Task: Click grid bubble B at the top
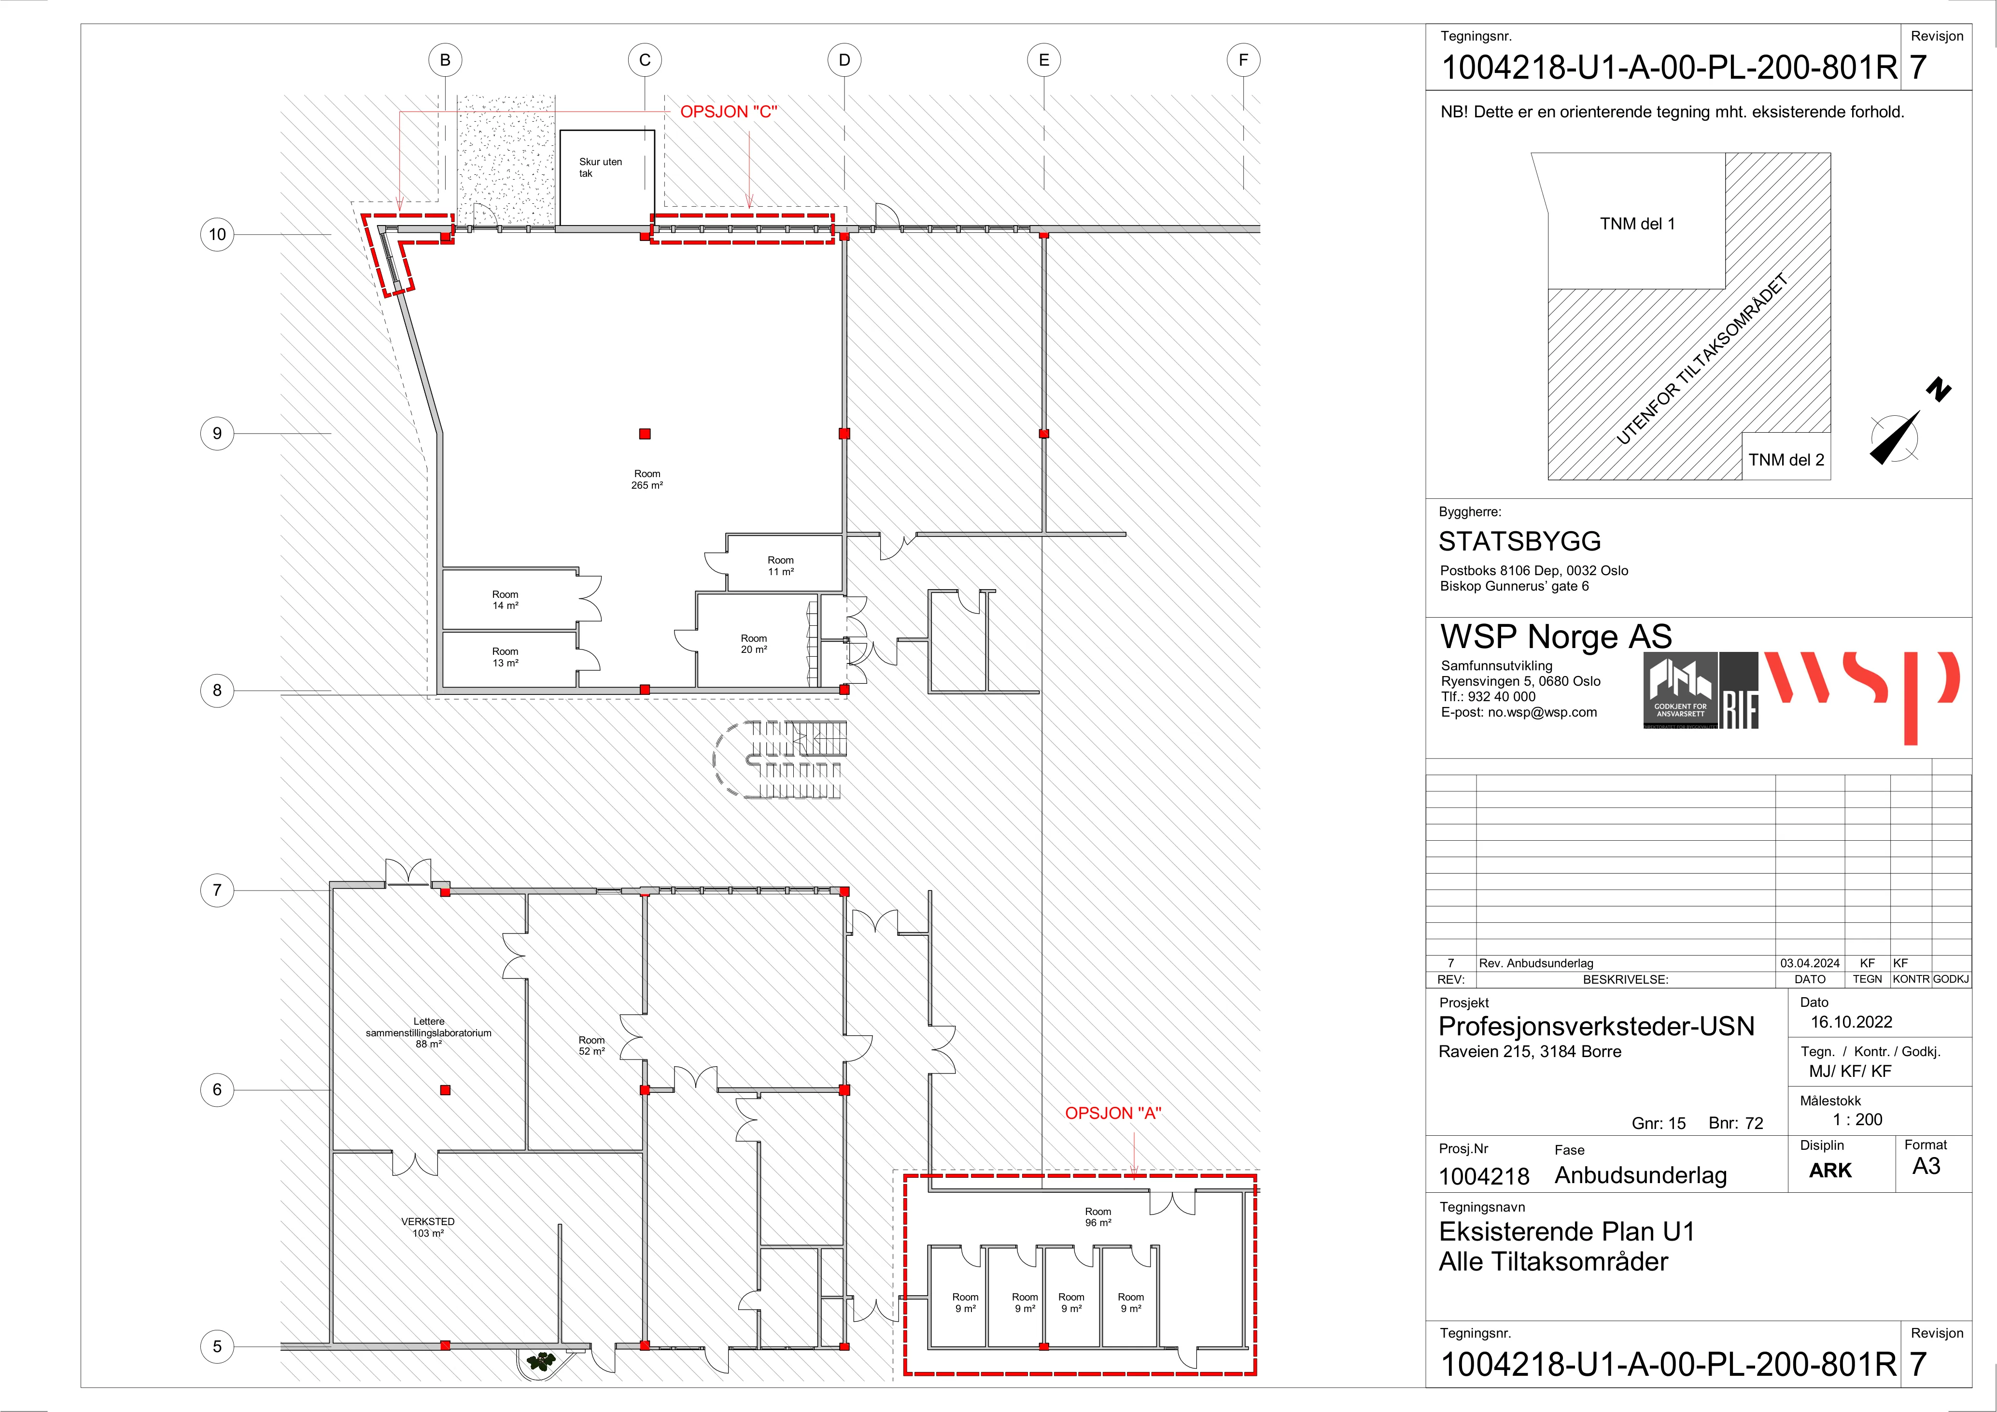click(x=445, y=60)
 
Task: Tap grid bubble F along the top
click(x=1244, y=60)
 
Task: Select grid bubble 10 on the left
click(x=217, y=234)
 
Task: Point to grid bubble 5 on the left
click(x=217, y=1347)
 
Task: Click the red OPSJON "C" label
click(x=729, y=112)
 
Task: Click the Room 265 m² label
click(x=647, y=480)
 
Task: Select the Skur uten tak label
click(x=600, y=167)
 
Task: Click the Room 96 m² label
click(x=1097, y=1216)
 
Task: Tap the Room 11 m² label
click(x=780, y=565)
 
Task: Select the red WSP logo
click(x=1861, y=692)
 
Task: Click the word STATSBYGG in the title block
click(x=1519, y=541)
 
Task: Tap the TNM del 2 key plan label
click(x=1786, y=459)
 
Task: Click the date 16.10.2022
click(x=1852, y=1022)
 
